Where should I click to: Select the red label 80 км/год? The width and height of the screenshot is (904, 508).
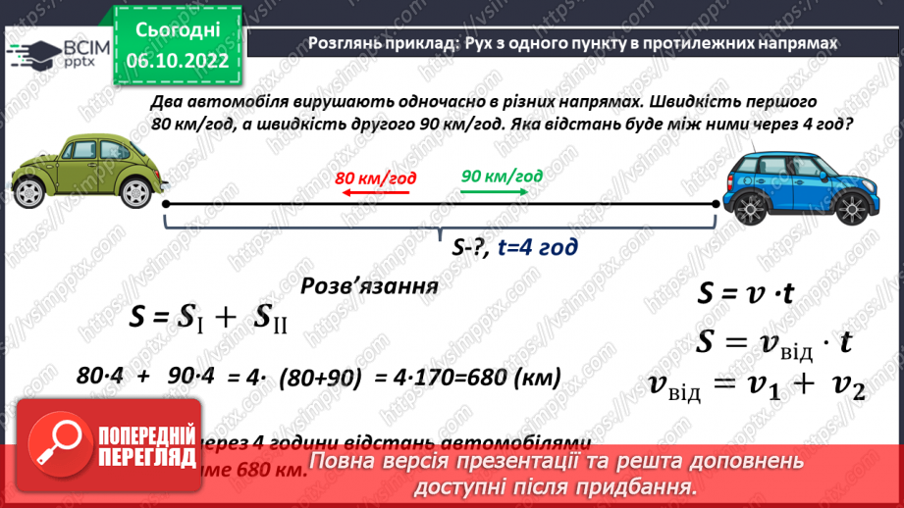375,178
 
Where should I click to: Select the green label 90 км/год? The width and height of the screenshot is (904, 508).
502,176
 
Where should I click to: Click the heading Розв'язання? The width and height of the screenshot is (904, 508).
368,286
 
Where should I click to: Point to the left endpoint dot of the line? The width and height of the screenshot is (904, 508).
165,204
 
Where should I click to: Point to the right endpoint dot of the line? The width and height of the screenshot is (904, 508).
716,204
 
